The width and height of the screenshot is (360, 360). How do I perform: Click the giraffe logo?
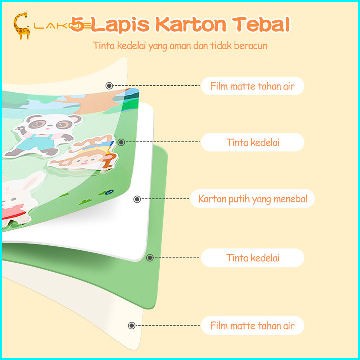pyautogui.click(x=22, y=25)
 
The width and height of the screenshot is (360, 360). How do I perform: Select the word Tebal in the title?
pyautogui.click(x=261, y=24)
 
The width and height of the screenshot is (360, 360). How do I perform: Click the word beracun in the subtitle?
pyautogui.click(x=251, y=46)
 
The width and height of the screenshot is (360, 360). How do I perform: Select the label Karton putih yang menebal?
pyautogui.click(x=253, y=199)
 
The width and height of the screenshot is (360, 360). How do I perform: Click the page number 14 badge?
pyautogui.click(x=109, y=192)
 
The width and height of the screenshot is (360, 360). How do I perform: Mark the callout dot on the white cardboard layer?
pyautogui.click(x=137, y=199)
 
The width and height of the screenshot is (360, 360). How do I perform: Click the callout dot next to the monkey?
pyautogui.click(x=121, y=142)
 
